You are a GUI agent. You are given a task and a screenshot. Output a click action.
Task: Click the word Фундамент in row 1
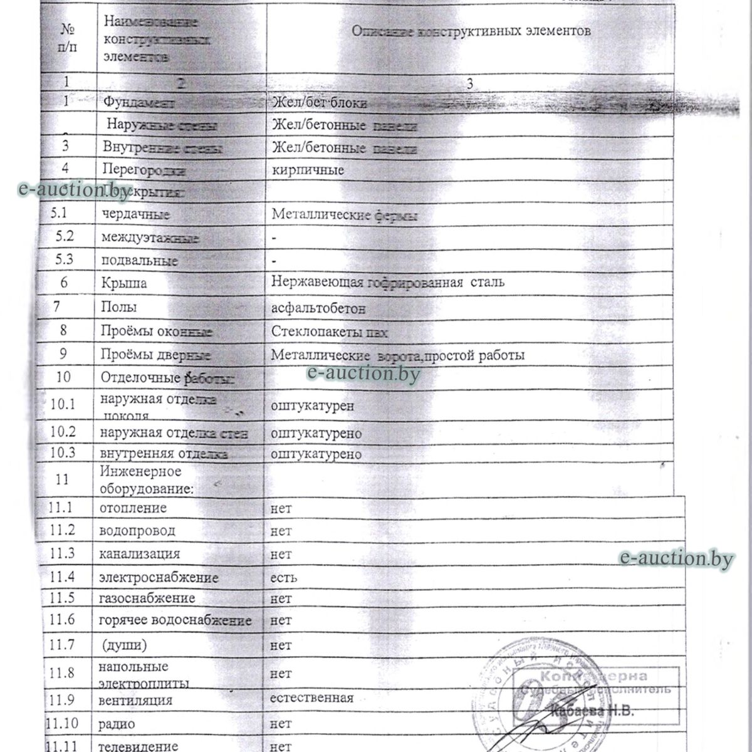pyautogui.click(x=138, y=102)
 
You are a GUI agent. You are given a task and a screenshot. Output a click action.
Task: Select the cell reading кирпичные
pyautogui.click(x=308, y=170)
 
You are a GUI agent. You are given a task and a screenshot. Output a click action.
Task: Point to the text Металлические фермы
pyautogui.click(x=345, y=216)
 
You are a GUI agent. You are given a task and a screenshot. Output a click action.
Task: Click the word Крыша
pyautogui.click(x=124, y=283)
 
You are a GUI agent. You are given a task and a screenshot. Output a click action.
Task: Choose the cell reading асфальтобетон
pyautogui.click(x=318, y=308)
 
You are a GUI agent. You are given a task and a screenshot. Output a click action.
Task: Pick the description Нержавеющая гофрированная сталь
pyautogui.click(x=388, y=282)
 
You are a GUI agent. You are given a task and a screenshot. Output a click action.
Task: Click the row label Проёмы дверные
pyautogui.click(x=156, y=355)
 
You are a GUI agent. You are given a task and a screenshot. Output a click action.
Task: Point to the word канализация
pyautogui.click(x=139, y=554)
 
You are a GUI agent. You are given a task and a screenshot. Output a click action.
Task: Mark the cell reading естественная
pyautogui.click(x=311, y=697)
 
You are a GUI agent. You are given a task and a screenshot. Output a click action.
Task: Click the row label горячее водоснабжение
pyautogui.click(x=175, y=620)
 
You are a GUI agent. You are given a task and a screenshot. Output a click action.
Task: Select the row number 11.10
pyautogui.click(x=61, y=724)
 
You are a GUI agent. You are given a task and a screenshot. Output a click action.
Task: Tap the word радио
pyautogui.click(x=117, y=724)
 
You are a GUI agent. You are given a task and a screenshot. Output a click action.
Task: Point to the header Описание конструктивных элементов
pyautogui.click(x=470, y=31)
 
